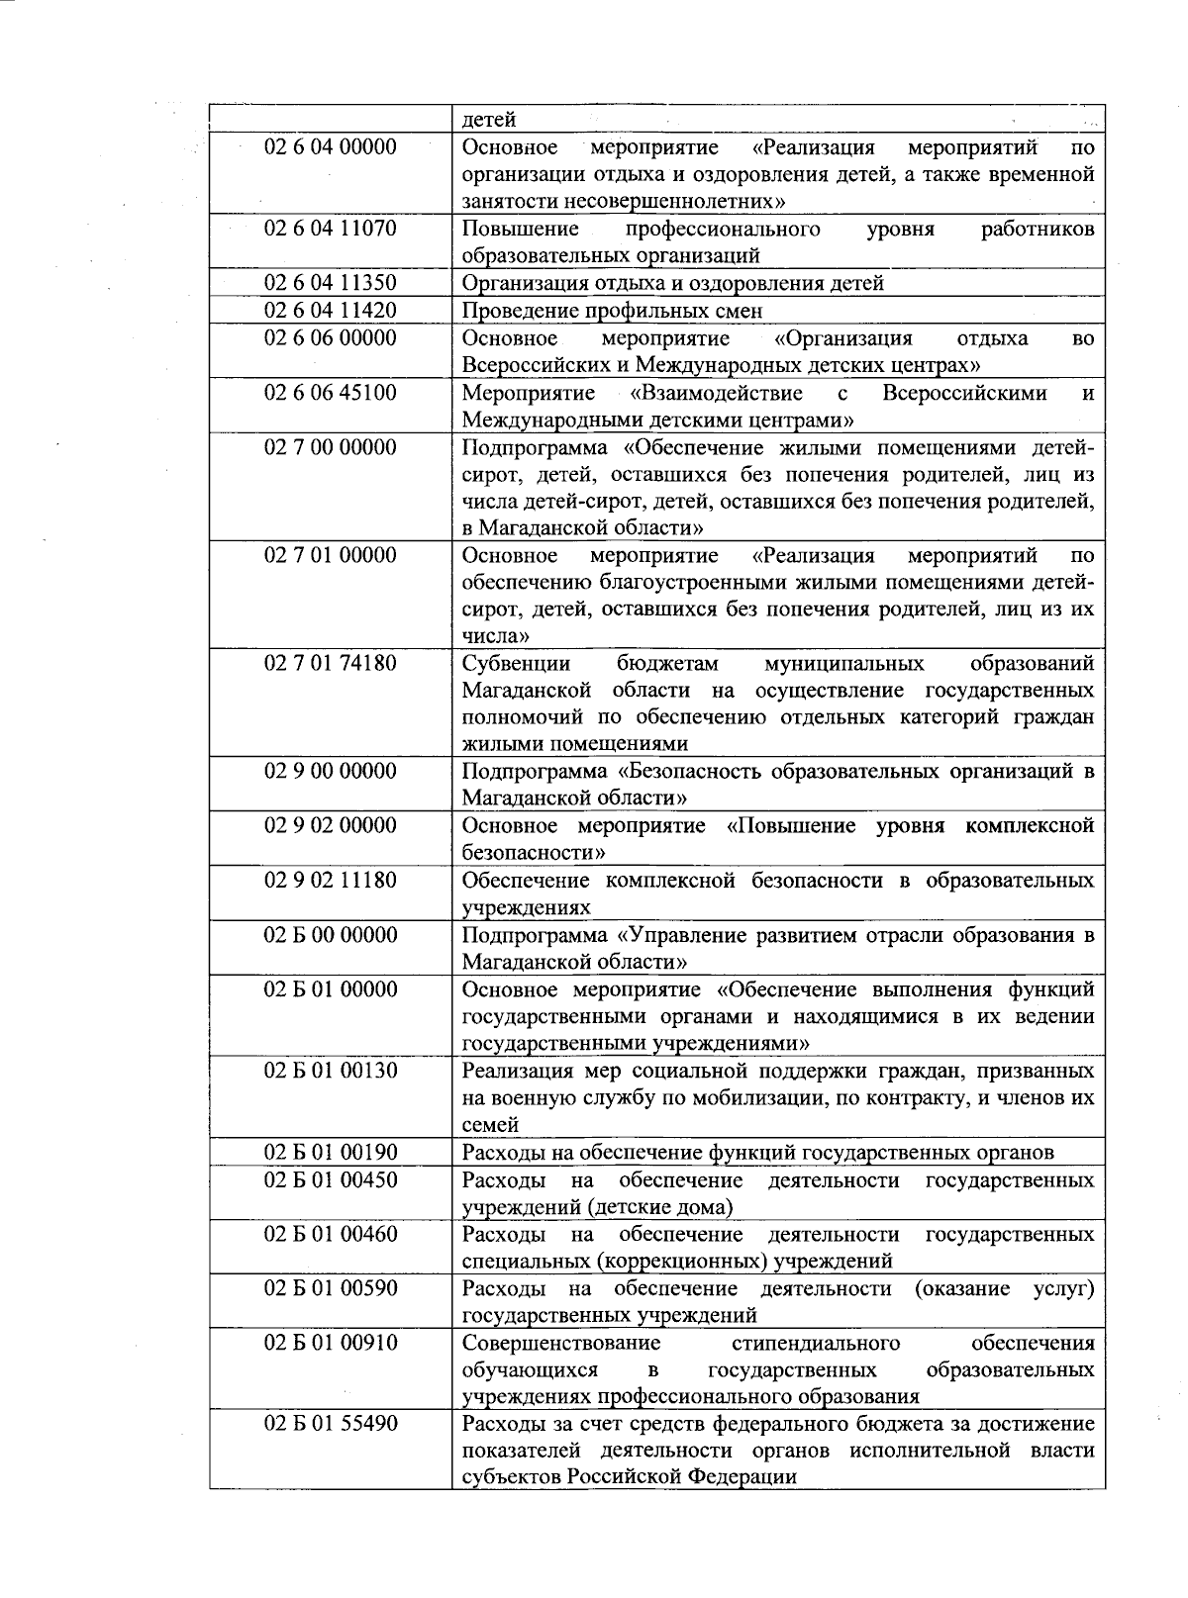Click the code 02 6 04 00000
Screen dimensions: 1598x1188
tap(330, 147)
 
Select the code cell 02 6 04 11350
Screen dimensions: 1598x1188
tap(330, 283)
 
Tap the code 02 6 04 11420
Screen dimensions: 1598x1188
tap(330, 311)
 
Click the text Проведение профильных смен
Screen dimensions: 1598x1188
tap(612, 311)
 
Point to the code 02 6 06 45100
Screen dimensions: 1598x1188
tap(330, 393)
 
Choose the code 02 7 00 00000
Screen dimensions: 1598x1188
tap(330, 447)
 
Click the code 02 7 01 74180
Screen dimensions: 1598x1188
tap(330, 663)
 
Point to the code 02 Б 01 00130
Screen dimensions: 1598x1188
tap(330, 1072)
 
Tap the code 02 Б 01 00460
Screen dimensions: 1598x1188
tap(330, 1235)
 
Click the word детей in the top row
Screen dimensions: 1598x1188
tap(489, 120)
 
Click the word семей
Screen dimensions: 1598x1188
tap(489, 1125)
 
